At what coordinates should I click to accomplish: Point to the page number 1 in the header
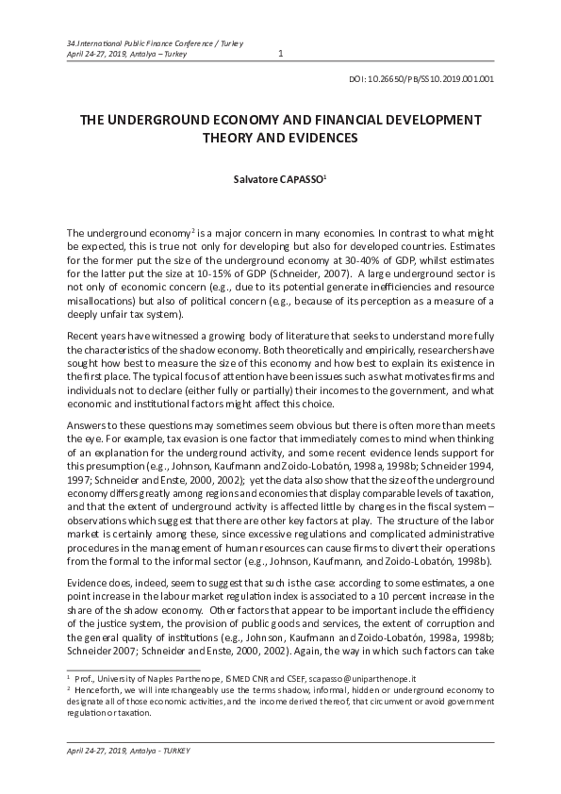(x=281, y=53)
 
